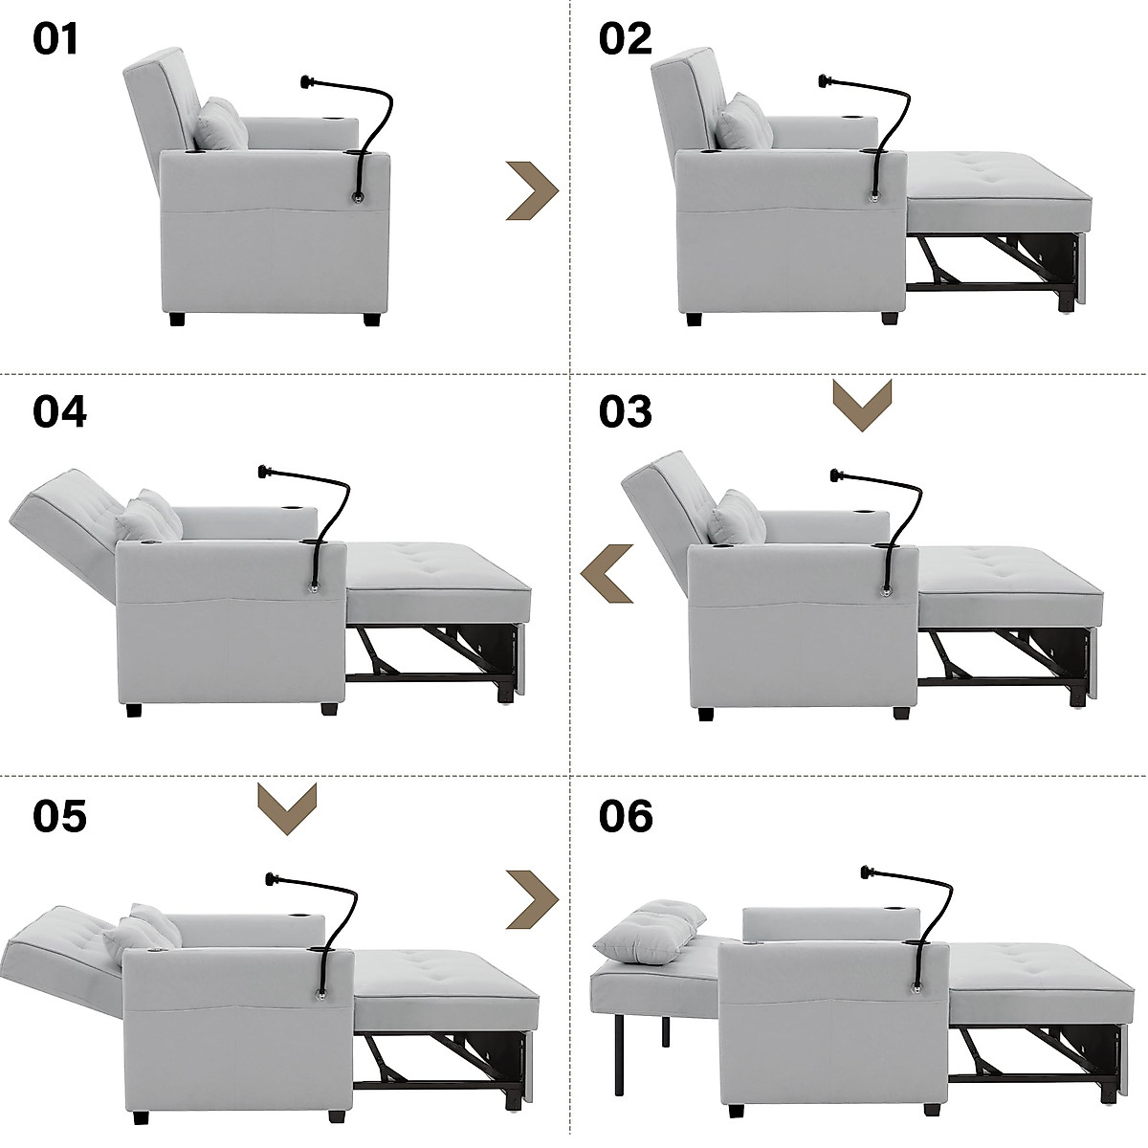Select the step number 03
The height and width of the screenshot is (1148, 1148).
(626, 411)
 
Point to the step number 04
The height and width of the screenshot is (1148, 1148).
(59, 411)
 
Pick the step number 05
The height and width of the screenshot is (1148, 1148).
(59, 816)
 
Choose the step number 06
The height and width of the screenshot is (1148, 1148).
(627, 816)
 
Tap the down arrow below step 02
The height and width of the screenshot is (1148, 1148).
(862, 405)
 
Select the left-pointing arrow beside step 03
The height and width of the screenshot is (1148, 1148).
(607, 573)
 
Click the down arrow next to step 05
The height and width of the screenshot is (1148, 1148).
(288, 809)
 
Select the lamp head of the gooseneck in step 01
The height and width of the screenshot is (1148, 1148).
(308, 81)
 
